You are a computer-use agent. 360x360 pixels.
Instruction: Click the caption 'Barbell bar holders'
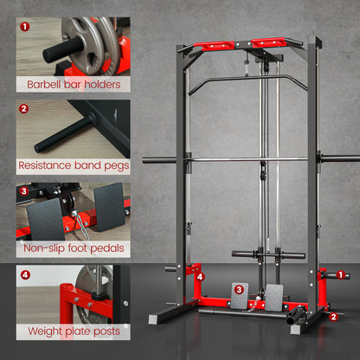pos(73,85)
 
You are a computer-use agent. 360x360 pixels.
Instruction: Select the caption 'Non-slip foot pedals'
pos(73,248)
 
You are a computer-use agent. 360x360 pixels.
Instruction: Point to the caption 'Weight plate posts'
pos(73,331)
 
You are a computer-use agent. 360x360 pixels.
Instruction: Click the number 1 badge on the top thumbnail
pos(24,27)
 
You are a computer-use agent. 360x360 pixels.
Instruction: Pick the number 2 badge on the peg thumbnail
pos(24,109)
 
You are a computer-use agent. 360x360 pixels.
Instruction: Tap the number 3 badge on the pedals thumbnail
pos(24,191)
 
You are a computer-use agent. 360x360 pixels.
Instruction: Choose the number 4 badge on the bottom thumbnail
pos(24,275)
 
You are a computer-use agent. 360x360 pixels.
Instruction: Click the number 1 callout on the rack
pos(344,275)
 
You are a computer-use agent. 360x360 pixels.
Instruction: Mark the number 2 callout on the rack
pos(335,317)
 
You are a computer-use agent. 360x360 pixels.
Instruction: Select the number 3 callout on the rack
pos(239,289)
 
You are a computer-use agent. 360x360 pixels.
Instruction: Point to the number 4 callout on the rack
pos(202,277)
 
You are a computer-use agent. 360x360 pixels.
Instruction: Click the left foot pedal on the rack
pos(240,297)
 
